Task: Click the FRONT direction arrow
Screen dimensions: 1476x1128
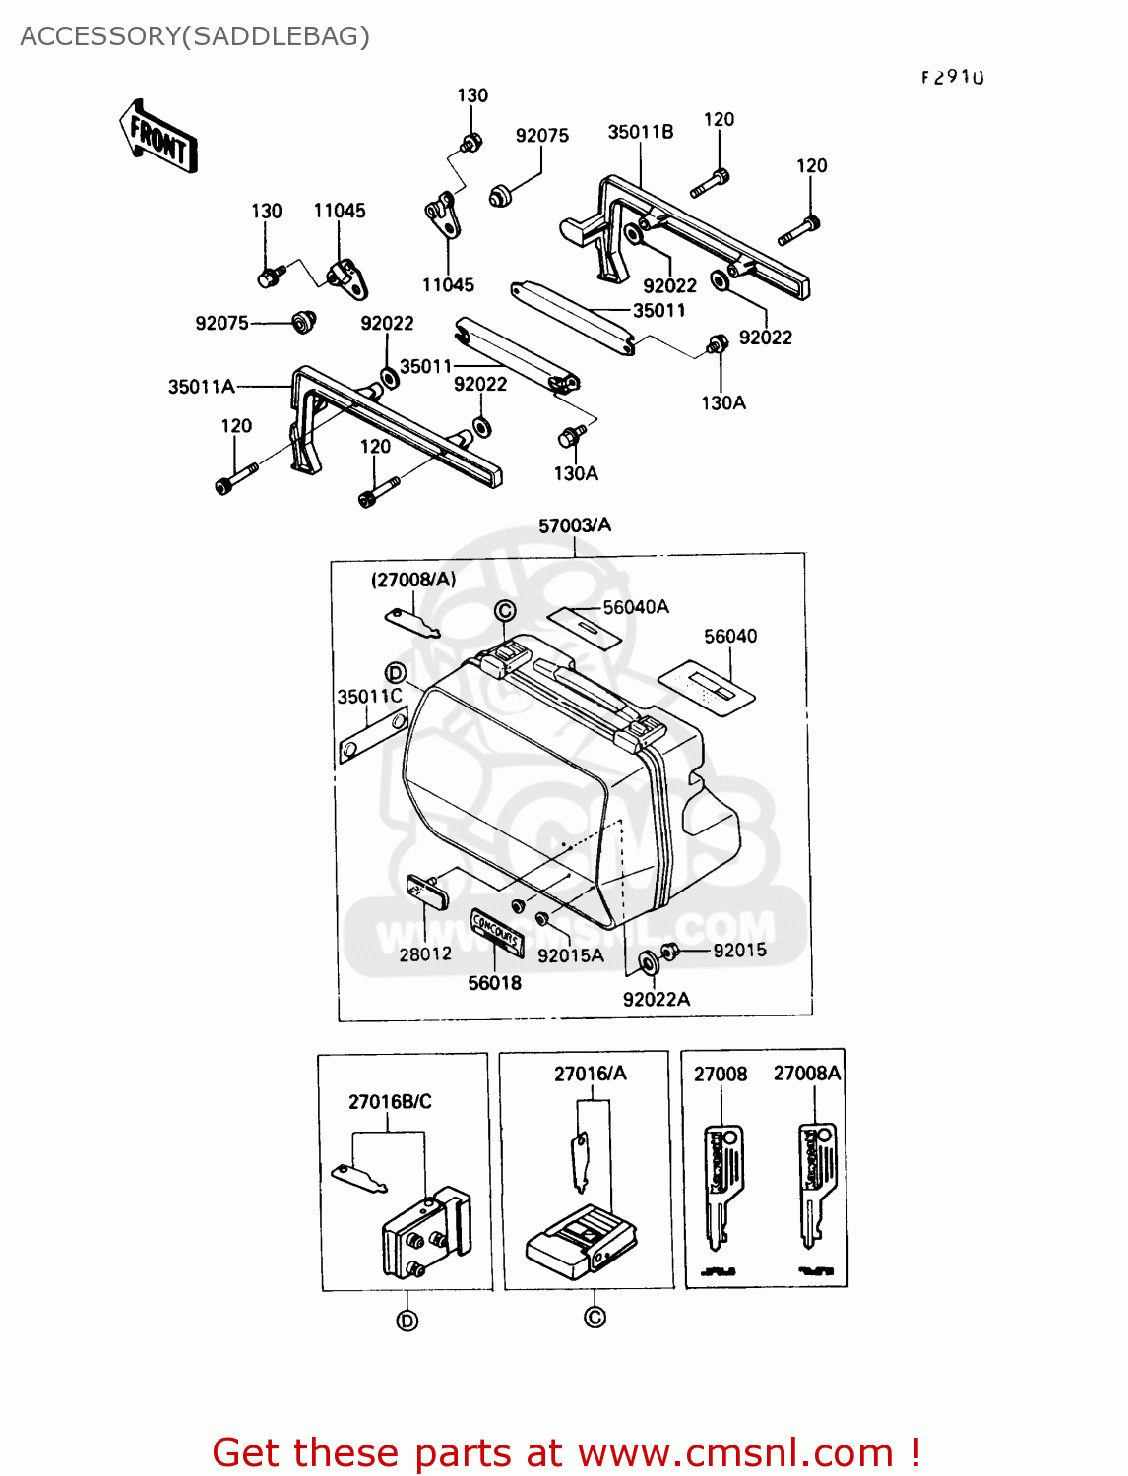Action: (157, 138)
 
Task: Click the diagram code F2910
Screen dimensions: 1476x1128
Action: (952, 77)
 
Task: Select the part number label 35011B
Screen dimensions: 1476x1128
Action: (640, 132)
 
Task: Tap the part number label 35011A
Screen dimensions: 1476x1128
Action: (201, 387)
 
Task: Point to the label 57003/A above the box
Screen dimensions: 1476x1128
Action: (574, 525)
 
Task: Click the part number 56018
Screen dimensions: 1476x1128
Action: (494, 982)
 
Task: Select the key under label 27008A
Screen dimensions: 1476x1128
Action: (816, 1186)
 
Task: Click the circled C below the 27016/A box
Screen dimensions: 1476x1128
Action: (595, 1317)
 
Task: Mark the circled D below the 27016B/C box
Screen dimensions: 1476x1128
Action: (407, 1321)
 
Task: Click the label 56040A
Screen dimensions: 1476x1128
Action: (636, 607)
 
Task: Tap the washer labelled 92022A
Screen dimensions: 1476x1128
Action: (649, 962)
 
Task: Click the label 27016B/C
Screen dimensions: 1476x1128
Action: (390, 1101)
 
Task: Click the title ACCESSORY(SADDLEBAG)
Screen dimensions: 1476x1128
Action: (195, 36)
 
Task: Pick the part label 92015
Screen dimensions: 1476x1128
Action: (739, 950)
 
